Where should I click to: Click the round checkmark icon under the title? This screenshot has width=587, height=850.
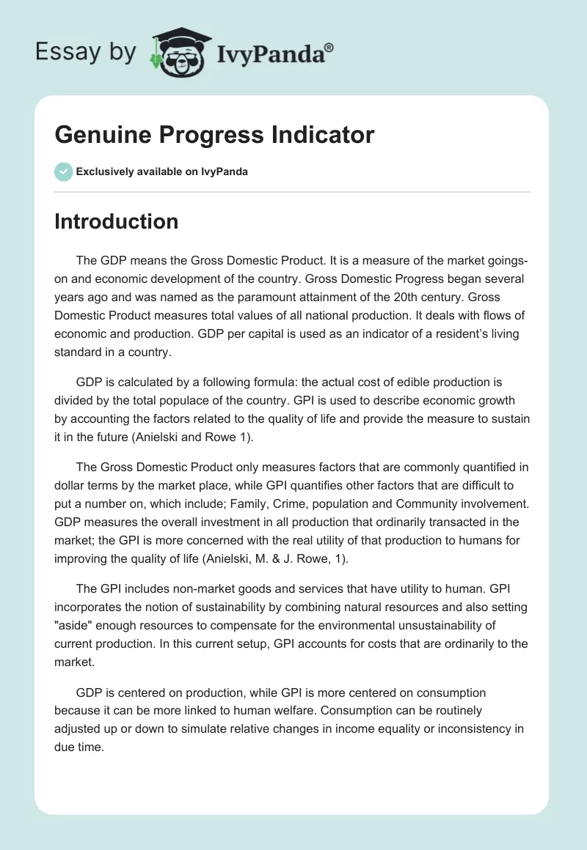coord(63,171)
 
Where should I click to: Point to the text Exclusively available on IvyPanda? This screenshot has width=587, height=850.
coord(161,172)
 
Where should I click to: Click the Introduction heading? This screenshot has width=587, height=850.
coord(116,221)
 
